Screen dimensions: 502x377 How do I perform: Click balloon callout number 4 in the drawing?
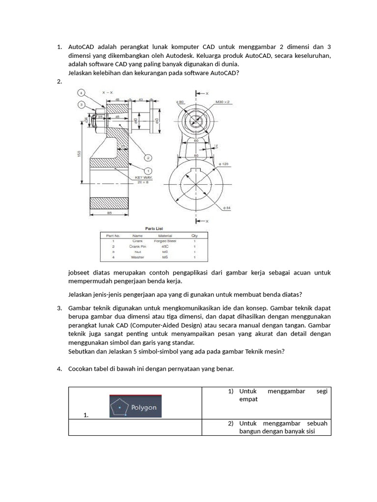[81, 93]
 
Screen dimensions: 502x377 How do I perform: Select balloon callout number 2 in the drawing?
[148, 157]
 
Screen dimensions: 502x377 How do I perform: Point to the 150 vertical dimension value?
[79, 154]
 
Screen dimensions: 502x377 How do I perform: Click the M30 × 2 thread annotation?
[223, 102]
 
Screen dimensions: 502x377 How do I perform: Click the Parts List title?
[154, 228]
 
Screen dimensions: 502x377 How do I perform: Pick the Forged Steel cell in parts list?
[165, 241]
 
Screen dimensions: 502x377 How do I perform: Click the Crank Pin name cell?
[138, 247]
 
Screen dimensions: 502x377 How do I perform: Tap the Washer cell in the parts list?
[138, 257]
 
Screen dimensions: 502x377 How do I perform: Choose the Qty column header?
[194, 236]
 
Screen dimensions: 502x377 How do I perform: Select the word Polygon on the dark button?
[143, 407]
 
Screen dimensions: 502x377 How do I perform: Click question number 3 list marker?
[59, 308]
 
